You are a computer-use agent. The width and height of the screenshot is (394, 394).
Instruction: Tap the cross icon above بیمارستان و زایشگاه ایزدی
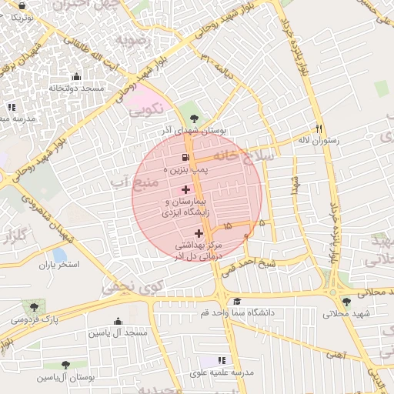tap(185, 189)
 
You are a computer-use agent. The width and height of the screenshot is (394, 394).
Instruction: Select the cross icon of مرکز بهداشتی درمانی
tap(199, 232)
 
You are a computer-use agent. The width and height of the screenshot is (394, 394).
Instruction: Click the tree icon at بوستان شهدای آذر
tap(192, 119)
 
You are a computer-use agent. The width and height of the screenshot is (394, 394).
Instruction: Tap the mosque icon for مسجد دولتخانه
tap(75, 76)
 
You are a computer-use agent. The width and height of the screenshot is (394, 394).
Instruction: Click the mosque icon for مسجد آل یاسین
tap(118, 322)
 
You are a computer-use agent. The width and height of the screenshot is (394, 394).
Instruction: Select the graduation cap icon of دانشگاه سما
tap(238, 302)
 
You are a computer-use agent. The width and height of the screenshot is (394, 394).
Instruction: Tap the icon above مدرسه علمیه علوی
tap(222, 360)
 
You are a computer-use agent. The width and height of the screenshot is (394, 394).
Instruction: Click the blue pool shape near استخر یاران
tap(59, 255)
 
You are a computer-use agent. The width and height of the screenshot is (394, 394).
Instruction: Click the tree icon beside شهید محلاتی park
tap(346, 302)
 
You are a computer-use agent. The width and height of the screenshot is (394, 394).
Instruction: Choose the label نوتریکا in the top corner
tap(18, 16)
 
